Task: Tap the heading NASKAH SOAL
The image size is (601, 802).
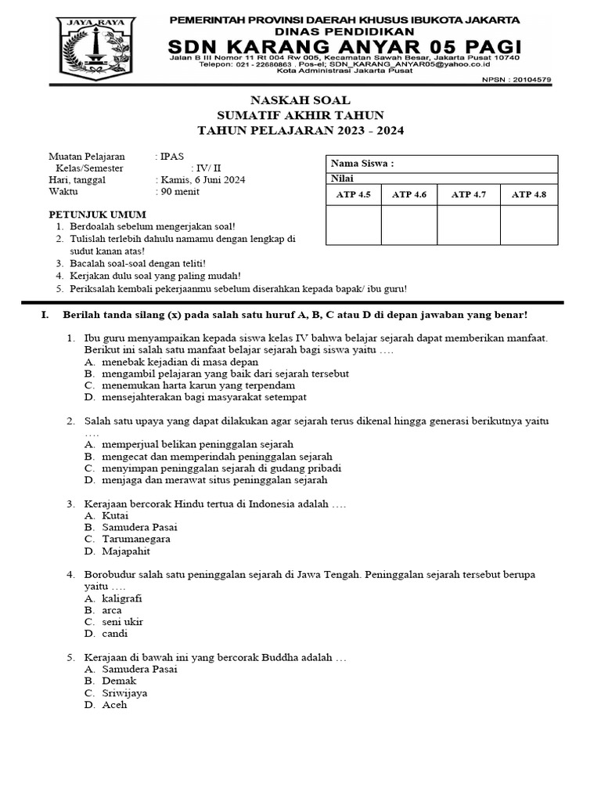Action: click(300, 100)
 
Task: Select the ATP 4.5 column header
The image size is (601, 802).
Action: click(353, 194)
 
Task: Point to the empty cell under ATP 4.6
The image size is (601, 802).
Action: click(409, 226)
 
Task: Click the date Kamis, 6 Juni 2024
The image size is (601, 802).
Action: click(203, 180)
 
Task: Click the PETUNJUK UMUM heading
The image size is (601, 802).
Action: click(88, 214)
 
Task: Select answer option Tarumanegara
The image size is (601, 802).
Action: click(136, 539)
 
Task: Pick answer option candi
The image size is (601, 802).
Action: click(114, 634)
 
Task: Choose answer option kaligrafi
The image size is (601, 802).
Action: click(122, 598)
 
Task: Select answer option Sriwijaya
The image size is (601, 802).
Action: click(124, 693)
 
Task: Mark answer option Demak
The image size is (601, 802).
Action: click(119, 681)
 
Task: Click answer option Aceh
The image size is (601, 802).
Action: click(114, 705)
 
